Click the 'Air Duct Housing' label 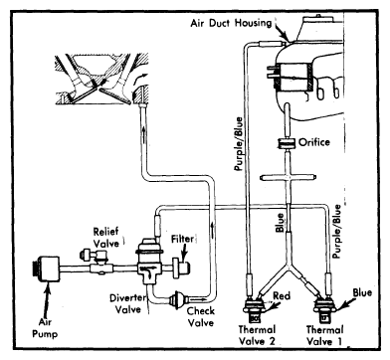(x=232, y=22)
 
